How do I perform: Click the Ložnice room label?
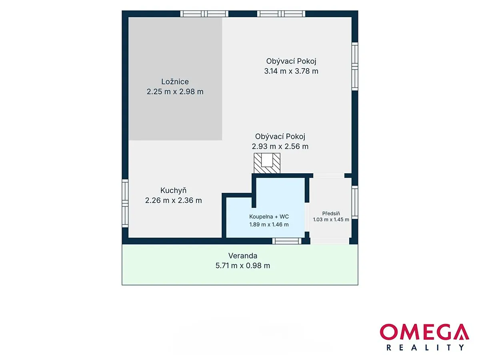coord(175,82)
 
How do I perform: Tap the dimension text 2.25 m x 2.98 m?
coord(175,92)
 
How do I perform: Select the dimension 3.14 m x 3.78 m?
coord(291,71)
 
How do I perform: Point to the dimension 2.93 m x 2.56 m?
coord(280,146)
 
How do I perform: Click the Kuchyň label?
coord(174,190)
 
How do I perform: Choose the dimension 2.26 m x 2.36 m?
coord(174,200)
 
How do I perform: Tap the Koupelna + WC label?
coord(269,217)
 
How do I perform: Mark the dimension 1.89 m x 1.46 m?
coord(269,224)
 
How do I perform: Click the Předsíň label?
coord(331,213)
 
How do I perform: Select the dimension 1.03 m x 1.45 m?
coord(331,220)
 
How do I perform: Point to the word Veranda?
coord(243,256)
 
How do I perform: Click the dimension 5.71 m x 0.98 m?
coord(243,266)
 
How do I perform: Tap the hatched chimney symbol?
coord(267,163)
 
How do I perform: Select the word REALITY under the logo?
coord(425,348)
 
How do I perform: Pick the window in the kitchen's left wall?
coord(125,203)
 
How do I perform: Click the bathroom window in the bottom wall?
coord(287,241)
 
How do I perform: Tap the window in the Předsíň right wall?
coord(355,202)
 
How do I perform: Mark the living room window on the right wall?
coord(355,66)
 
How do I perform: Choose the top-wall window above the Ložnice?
coord(204,14)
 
